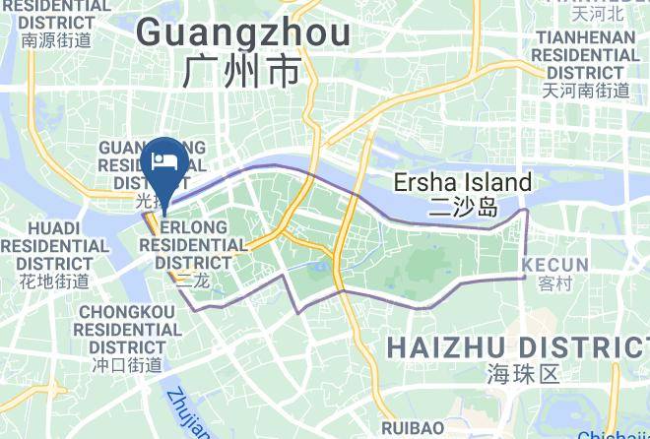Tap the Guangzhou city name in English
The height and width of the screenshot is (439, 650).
pyautogui.click(x=243, y=33)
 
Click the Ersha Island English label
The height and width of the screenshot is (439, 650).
pyautogui.click(x=462, y=182)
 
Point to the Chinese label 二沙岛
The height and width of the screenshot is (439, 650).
pyautogui.click(x=463, y=207)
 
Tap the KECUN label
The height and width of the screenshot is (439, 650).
pyautogui.click(x=555, y=265)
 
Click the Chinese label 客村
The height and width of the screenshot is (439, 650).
pyautogui.click(x=555, y=283)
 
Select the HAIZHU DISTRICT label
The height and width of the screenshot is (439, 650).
pyautogui.click(x=516, y=346)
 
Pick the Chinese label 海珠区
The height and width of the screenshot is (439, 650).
pyautogui.click(x=522, y=374)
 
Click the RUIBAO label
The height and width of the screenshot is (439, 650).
pyautogui.click(x=413, y=428)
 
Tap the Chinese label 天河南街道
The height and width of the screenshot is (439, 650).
pyautogui.click(x=586, y=91)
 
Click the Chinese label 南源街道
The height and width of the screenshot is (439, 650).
pyautogui.click(x=56, y=40)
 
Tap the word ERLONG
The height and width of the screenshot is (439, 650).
pyautogui.click(x=193, y=227)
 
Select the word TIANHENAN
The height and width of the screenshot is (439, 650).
pyautogui.click(x=586, y=37)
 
